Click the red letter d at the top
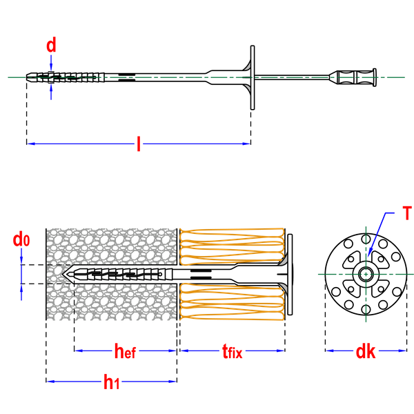pyautogui.click(x=51, y=46)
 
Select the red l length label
pyautogui.click(x=139, y=144)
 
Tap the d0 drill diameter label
pyautogui.click(x=22, y=240)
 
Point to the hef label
pyautogui.click(x=125, y=351)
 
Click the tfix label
pyautogui.click(x=232, y=352)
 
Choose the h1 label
pyautogui.click(x=112, y=382)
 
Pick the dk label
pyautogui.click(x=365, y=351)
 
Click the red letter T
pyautogui.click(x=407, y=213)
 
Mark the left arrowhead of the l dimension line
pyautogui.click(x=31, y=144)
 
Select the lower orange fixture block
pyautogui.click(x=232, y=302)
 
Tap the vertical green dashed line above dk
pyautogui.click(x=365, y=304)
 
